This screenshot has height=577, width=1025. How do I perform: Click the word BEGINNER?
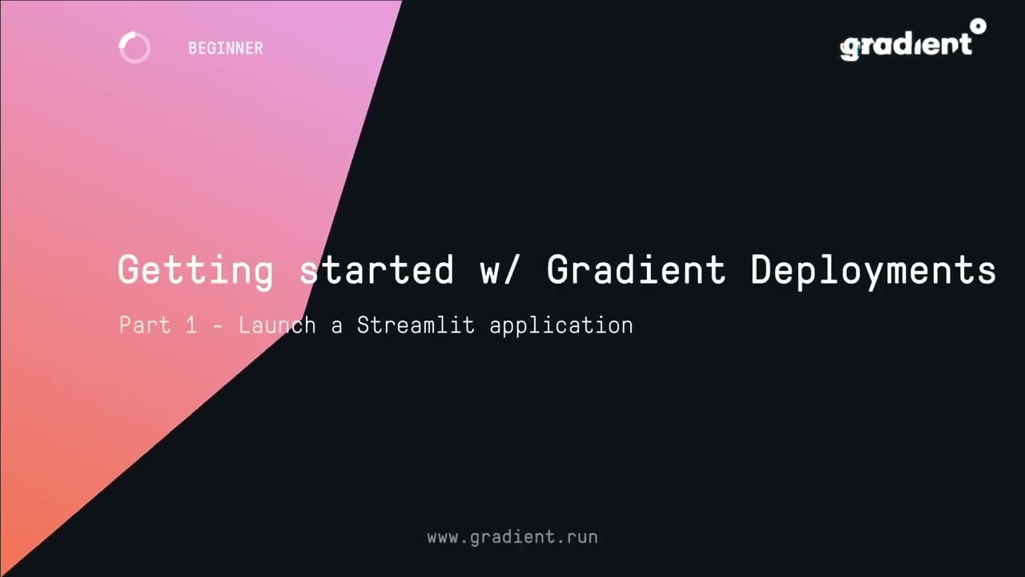click(x=225, y=48)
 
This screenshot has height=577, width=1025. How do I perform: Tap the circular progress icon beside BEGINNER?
click(x=134, y=48)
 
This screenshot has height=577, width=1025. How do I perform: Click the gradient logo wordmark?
click(x=906, y=45)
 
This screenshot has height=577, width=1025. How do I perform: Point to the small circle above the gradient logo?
click(x=978, y=26)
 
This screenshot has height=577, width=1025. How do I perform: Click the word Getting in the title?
click(x=195, y=270)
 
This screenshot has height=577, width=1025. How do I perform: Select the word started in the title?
click(x=376, y=270)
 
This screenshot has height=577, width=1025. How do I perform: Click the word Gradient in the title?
click(x=636, y=270)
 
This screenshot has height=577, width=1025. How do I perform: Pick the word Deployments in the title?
click(x=873, y=270)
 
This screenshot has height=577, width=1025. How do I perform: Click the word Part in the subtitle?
click(x=145, y=325)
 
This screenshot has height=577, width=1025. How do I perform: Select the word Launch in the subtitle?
click(x=277, y=325)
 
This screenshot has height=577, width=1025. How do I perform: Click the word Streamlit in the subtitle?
click(x=416, y=325)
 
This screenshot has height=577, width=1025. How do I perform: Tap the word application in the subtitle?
click(x=561, y=325)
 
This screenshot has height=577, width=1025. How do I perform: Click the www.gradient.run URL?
click(x=512, y=537)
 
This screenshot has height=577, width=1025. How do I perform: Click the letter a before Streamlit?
click(x=337, y=326)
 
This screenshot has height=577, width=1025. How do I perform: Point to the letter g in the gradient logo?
click(x=850, y=47)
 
